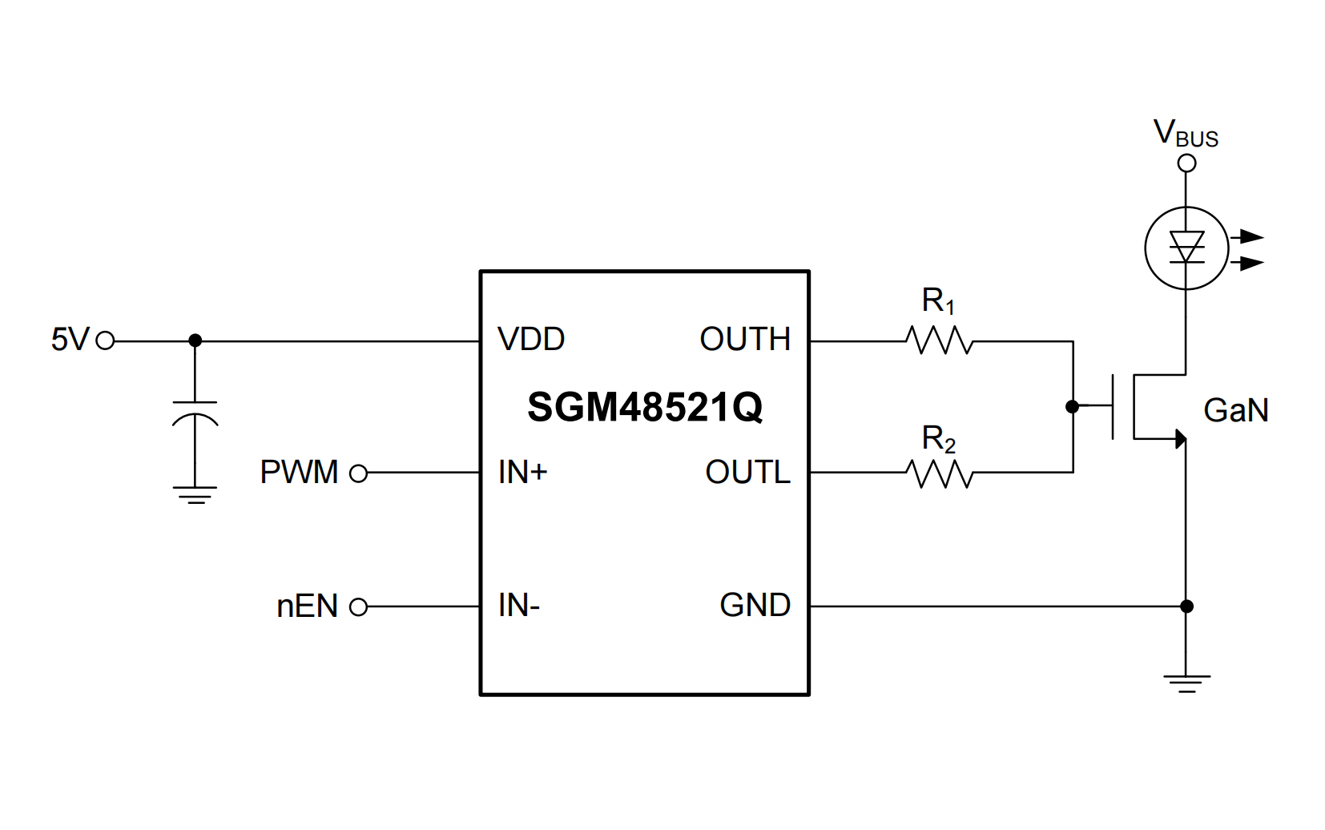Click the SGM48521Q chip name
tap(645, 407)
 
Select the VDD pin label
tap(531, 340)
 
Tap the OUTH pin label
tap(745, 340)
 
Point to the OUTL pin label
tap(747, 473)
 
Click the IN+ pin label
tap(522, 473)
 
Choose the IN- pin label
tap(519, 606)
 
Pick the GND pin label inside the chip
tap(755, 606)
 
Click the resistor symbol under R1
tap(939, 340)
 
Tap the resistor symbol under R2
tap(939, 473)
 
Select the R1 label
tap(938, 301)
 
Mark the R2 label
tap(938, 439)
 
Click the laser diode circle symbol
tap(1186, 248)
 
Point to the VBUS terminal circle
tap(1186, 163)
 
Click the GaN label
tap(1236, 411)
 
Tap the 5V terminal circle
tap(105, 340)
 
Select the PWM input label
tap(299, 473)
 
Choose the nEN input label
tap(308, 606)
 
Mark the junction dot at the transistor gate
tap(1073, 407)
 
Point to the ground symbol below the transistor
tap(1186, 683)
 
